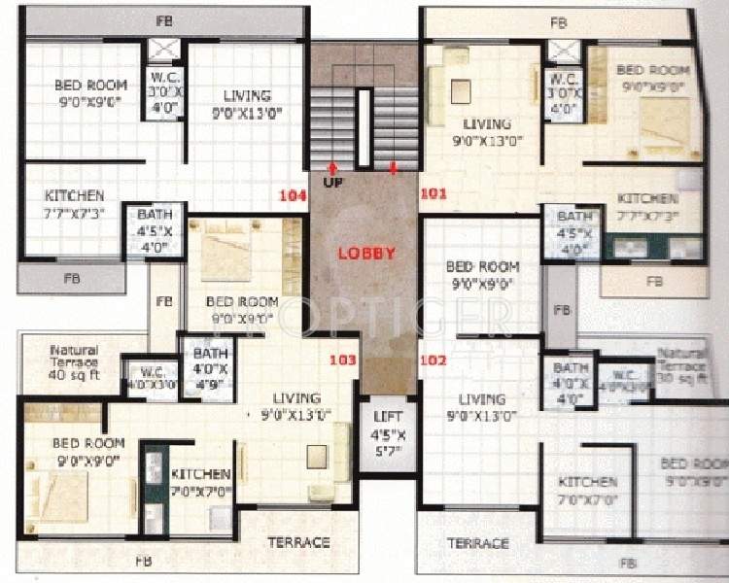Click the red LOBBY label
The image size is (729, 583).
(365, 254)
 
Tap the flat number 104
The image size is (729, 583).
(293, 195)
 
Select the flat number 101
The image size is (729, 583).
(434, 194)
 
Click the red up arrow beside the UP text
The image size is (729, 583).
(333, 167)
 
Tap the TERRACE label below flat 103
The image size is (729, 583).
(298, 542)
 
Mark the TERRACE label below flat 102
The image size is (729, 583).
(477, 543)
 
